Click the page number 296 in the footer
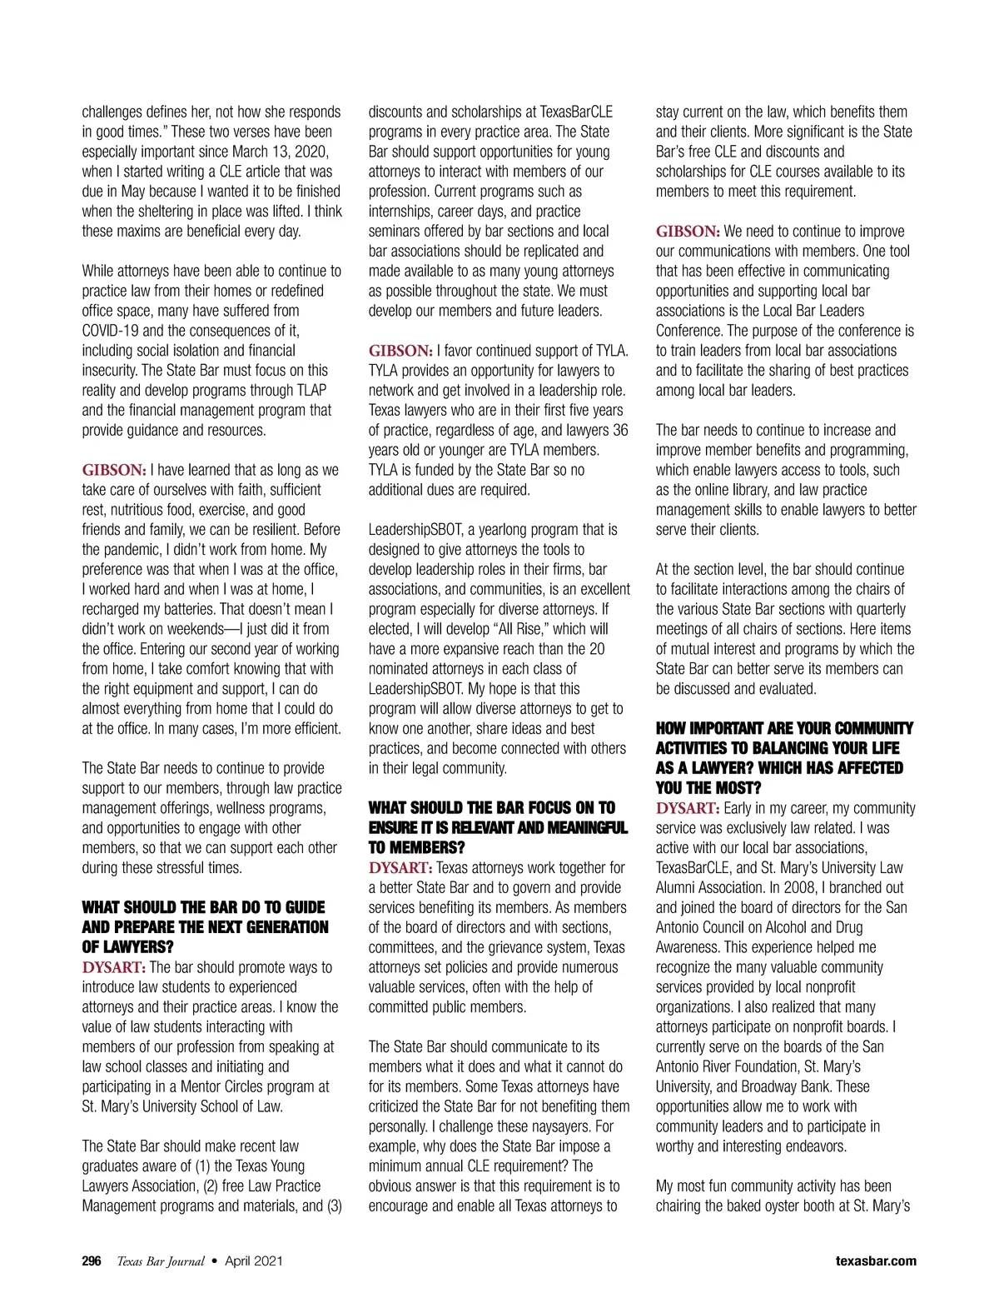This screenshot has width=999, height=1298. click(92, 1261)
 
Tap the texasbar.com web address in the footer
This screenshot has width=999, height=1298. click(876, 1261)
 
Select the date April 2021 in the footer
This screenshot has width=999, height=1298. click(253, 1261)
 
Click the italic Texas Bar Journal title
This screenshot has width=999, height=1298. click(161, 1261)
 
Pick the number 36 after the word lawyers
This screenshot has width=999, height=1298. click(620, 430)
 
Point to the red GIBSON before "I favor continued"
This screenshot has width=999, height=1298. click(400, 351)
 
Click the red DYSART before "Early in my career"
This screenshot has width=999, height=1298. click(688, 808)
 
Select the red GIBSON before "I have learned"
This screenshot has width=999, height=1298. click(114, 470)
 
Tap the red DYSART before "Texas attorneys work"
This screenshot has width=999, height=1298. click(400, 867)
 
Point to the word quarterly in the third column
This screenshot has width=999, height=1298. click(877, 609)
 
